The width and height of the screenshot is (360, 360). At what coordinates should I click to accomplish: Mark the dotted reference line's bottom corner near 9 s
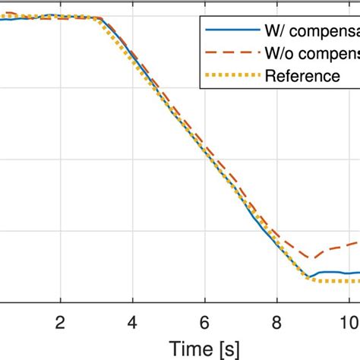pyautogui.click(x=308, y=280)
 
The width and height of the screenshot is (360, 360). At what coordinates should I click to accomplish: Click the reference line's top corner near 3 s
pyautogui.click(x=98, y=18)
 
